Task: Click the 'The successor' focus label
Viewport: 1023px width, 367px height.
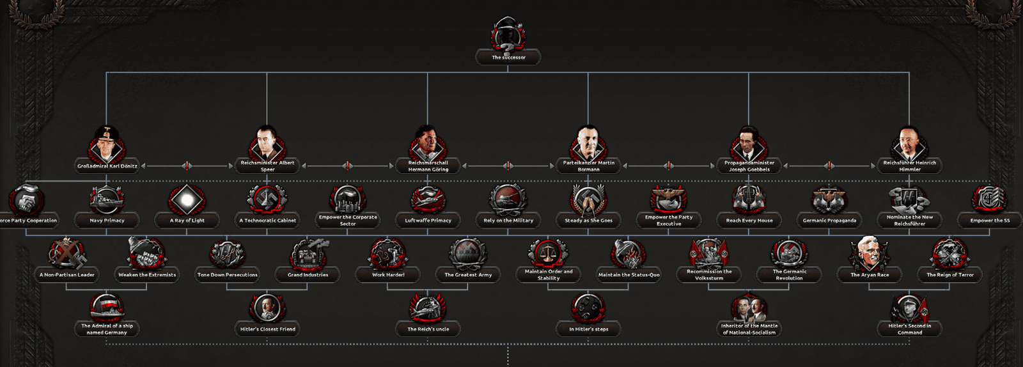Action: click(508, 58)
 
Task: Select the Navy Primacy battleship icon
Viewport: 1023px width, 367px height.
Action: click(106, 200)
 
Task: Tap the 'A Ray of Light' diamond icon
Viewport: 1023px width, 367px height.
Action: click(187, 200)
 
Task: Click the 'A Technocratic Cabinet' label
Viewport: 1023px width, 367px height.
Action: click(268, 221)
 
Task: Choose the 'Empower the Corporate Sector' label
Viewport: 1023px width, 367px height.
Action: click(348, 221)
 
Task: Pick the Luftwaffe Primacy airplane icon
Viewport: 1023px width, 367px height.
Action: click(428, 200)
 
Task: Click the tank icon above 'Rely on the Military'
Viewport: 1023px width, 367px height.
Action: click(508, 200)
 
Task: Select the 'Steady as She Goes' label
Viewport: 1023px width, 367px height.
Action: click(589, 221)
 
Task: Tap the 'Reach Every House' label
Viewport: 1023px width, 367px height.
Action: click(749, 221)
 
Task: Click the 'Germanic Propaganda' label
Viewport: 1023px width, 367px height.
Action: click(829, 221)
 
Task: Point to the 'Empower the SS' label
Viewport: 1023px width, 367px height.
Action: click(990, 221)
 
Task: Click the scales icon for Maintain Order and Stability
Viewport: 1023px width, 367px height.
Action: click(548, 253)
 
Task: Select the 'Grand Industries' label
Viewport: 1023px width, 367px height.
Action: click(308, 275)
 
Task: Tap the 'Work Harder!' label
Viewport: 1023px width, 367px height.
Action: click(388, 275)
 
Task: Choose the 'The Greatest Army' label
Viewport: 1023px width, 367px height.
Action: click(468, 275)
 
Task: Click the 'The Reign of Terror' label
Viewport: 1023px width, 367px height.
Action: click(950, 275)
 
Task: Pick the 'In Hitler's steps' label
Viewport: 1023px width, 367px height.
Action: click(589, 329)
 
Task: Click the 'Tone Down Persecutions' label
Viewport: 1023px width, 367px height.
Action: click(228, 275)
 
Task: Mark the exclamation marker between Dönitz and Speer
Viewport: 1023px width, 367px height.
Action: click(187, 166)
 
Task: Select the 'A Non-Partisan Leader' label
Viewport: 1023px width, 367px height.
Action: click(66, 275)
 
